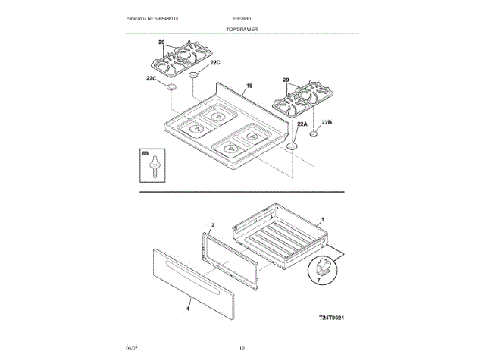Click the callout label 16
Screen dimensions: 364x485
tap(248, 88)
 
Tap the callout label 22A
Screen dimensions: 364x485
tap(302, 124)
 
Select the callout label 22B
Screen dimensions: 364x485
tap(327, 122)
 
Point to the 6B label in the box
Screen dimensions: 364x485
tap(145, 154)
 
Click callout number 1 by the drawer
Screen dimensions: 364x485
tap(324, 218)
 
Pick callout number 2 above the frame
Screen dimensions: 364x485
tap(213, 226)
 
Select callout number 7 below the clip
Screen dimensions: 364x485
tap(318, 281)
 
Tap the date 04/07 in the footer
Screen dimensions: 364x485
tap(132, 347)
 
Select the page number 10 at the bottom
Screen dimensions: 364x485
tap(242, 347)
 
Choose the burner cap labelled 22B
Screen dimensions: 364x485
tap(314, 134)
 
